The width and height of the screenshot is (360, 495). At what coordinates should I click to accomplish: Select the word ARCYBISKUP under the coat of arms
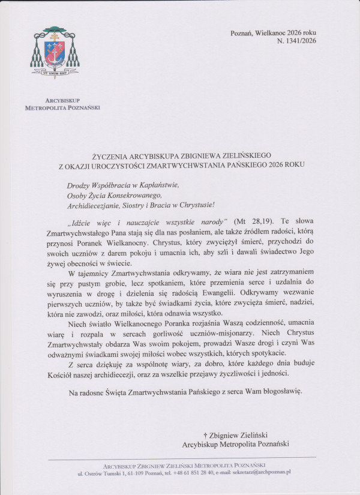click(62, 101)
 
